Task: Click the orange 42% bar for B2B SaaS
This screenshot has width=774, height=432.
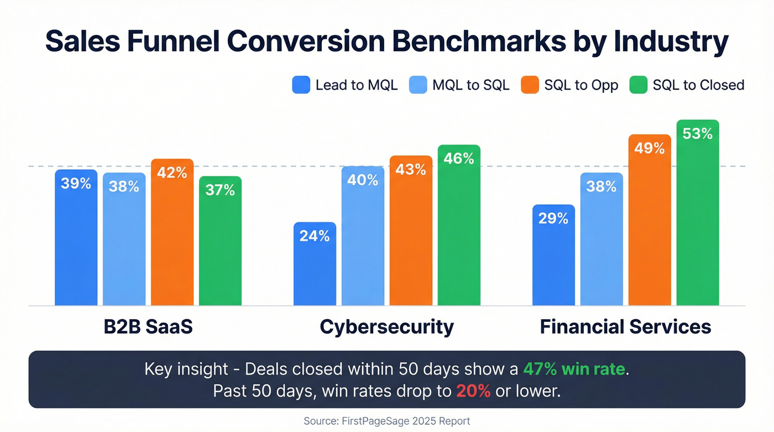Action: click(172, 232)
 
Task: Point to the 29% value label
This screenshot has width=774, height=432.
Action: click(553, 218)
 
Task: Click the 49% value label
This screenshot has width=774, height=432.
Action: click(650, 148)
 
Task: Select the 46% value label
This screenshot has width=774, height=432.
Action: click(459, 159)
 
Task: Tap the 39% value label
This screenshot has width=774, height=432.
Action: click(76, 183)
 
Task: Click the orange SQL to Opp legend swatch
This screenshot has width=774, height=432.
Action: click(529, 85)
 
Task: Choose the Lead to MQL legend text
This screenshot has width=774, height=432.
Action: click(357, 85)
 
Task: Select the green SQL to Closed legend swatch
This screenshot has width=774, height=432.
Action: click(639, 85)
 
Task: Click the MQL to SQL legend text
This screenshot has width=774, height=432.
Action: click(471, 85)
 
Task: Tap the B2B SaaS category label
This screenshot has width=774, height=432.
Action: click(148, 326)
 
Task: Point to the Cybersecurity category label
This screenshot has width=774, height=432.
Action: click(386, 326)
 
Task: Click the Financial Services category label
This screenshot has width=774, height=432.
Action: click(625, 326)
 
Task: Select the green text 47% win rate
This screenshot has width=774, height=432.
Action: click(576, 369)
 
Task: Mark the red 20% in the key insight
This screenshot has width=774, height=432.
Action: click(473, 391)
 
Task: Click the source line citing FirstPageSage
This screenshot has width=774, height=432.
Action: click(387, 421)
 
